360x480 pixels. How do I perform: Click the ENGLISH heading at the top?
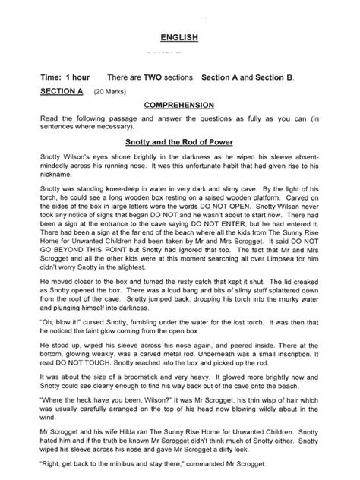click(x=179, y=37)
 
